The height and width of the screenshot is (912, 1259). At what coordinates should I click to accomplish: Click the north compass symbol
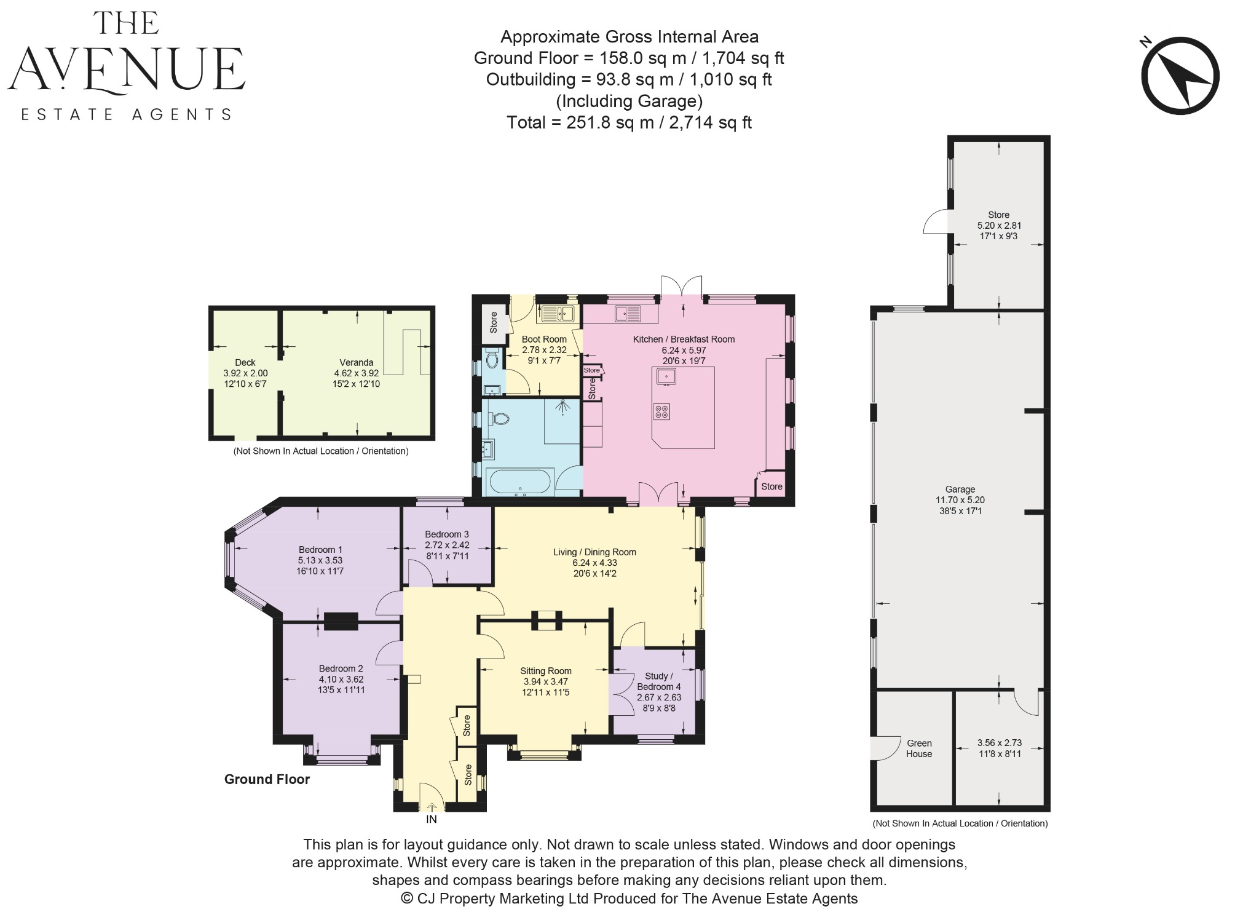coord(1180,76)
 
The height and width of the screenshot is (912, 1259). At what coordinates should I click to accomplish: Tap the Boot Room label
coord(543,339)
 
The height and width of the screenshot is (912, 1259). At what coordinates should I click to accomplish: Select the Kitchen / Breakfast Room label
coord(684,339)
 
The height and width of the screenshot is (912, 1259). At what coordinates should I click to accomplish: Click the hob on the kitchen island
coord(662,411)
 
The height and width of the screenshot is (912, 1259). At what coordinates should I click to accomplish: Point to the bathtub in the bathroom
coord(519,482)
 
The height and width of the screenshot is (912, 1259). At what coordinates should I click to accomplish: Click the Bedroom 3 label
coord(446,534)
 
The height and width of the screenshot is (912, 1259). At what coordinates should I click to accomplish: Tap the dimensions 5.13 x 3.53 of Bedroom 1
coord(320,560)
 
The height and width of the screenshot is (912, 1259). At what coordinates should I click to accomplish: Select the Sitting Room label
coord(545,671)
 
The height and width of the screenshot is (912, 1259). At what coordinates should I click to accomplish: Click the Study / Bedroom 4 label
coord(658,681)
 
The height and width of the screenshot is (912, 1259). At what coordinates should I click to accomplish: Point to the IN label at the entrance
coord(431,819)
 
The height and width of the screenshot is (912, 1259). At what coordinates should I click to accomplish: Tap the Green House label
coord(919,748)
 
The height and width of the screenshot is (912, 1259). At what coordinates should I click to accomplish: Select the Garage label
coord(960,490)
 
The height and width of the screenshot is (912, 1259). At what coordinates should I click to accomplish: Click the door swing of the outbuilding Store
coord(936,222)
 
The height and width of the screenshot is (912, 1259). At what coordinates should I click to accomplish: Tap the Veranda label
coord(356,363)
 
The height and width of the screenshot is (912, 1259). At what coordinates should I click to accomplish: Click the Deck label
coord(245,363)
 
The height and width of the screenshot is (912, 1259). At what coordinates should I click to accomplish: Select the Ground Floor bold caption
coord(267,779)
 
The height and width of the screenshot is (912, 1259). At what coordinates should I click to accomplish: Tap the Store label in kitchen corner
coord(772,486)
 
